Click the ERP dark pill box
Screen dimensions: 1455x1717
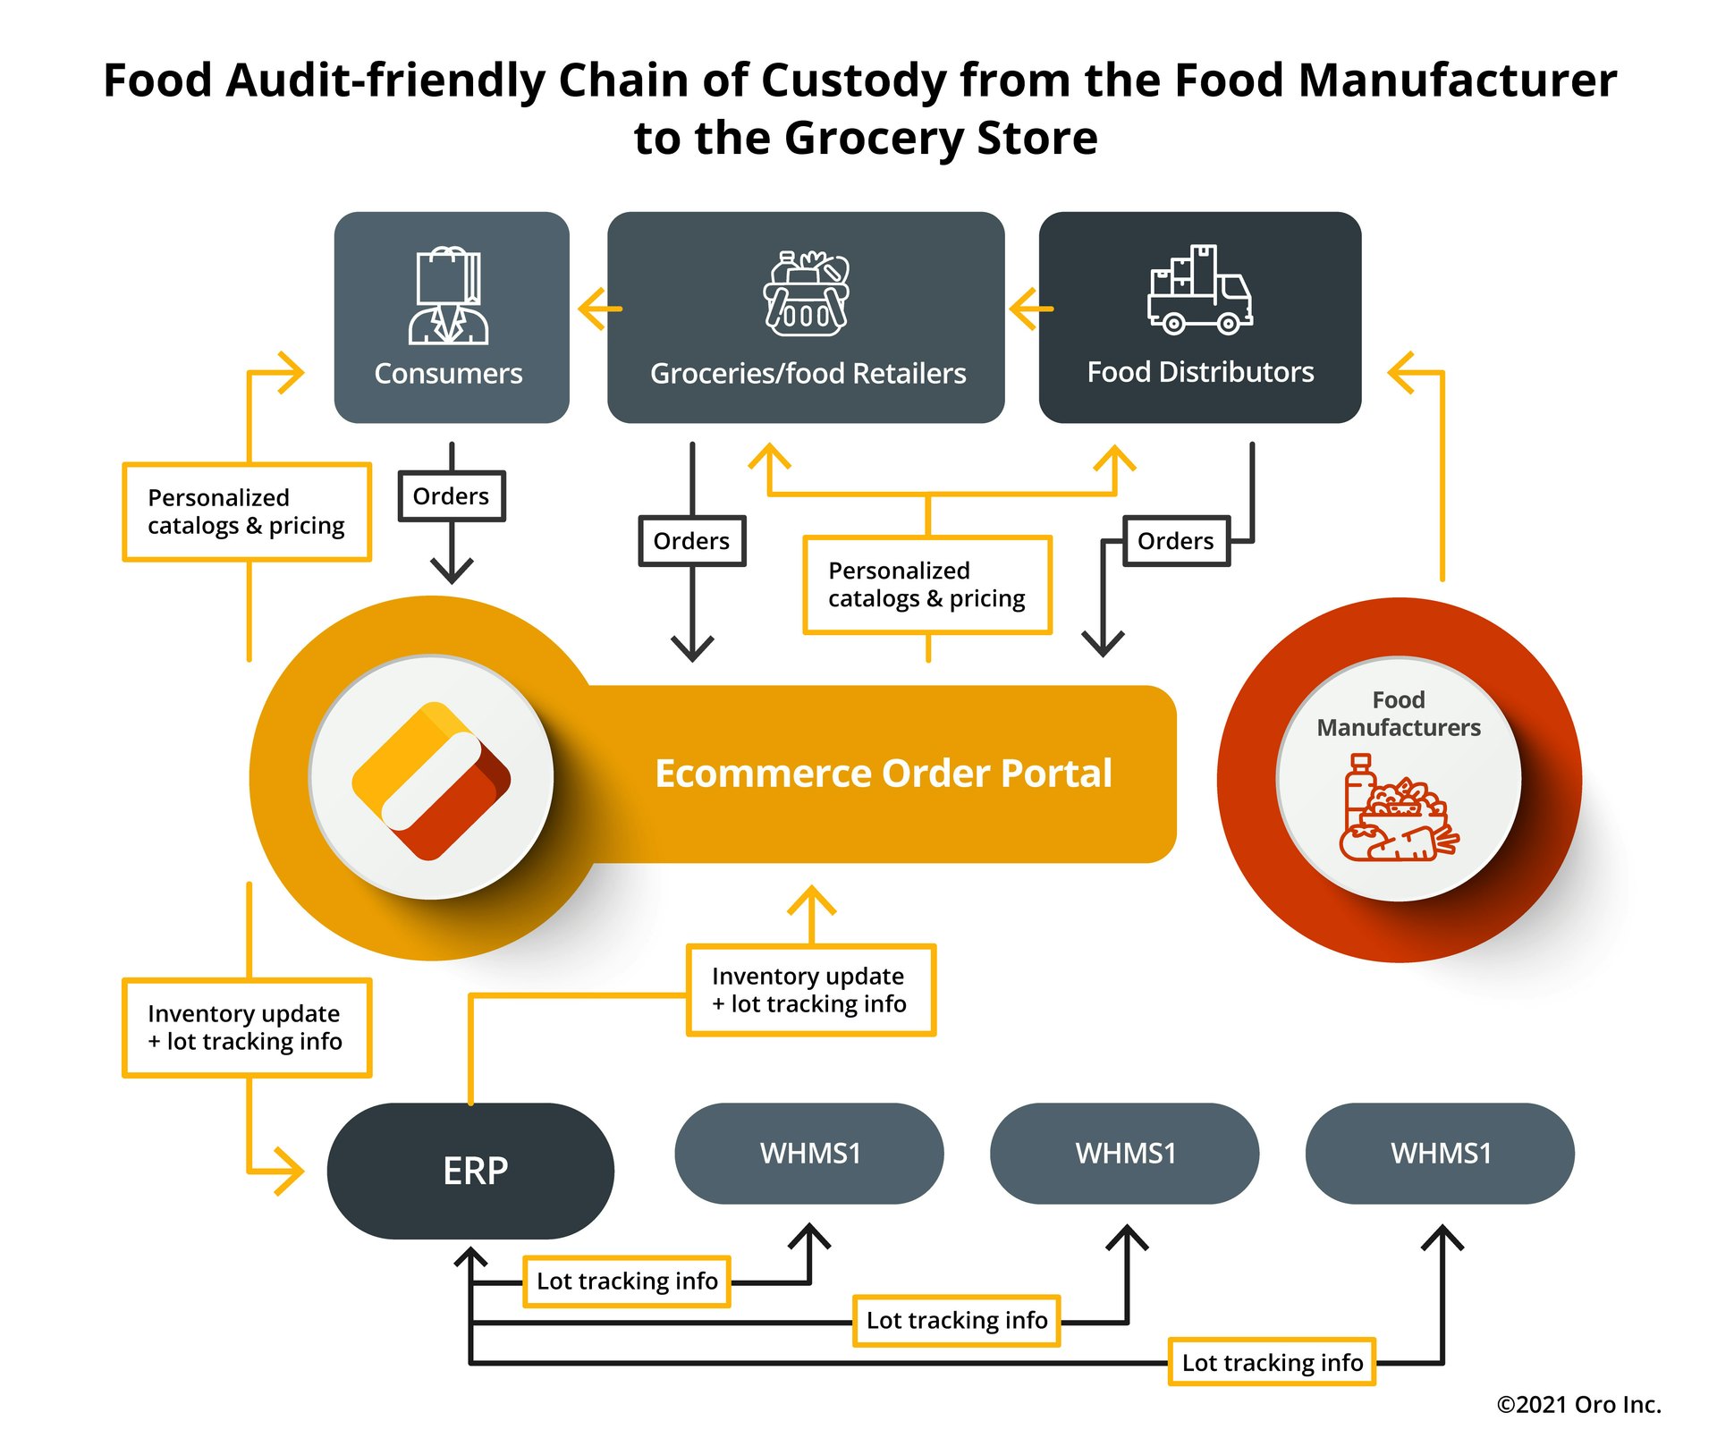click(x=470, y=1170)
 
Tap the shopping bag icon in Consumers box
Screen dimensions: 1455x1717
click(x=449, y=294)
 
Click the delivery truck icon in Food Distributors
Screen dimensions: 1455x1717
click(x=1200, y=291)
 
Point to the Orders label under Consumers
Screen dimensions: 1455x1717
click(x=452, y=496)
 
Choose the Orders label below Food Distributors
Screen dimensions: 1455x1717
click(x=1176, y=541)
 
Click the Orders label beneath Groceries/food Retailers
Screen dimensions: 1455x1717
click(x=692, y=541)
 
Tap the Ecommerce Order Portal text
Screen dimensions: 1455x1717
click(x=883, y=774)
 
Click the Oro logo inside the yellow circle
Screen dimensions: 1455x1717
click(x=431, y=780)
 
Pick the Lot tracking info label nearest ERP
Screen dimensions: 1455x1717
click(x=627, y=1282)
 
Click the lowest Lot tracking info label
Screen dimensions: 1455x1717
click(x=1272, y=1362)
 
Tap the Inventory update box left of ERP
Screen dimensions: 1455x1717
click(x=247, y=1028)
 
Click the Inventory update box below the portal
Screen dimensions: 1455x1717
click(x=810, y=990)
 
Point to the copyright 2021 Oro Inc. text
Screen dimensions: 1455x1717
click(x=1578, y=1404)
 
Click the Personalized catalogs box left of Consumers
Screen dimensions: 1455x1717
click(x=247, y=512)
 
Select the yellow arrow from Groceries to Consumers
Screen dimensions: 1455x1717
click(x=599, y=309)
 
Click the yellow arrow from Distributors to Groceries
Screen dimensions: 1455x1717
click(x=1030, y=309)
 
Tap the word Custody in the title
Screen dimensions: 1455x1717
click(x=853, y=80)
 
